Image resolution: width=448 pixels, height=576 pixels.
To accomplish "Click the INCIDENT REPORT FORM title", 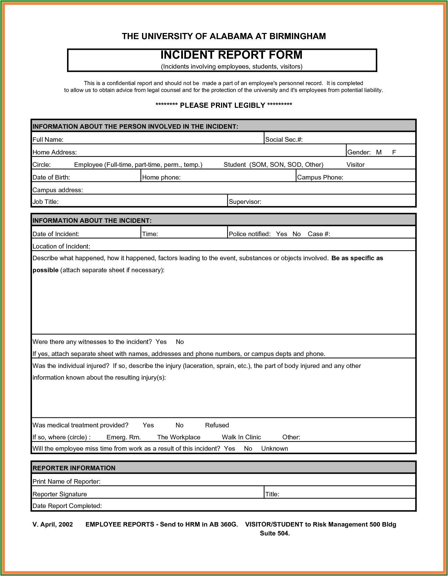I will [231, 55].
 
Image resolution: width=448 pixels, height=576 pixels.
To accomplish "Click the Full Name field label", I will [48, 140].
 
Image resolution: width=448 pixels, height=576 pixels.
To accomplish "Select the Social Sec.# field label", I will [284, 140].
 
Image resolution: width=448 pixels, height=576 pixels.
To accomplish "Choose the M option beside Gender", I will [379, 152].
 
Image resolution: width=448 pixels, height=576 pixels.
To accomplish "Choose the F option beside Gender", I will [394, 152].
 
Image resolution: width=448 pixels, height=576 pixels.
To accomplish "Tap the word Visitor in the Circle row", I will [355, 165].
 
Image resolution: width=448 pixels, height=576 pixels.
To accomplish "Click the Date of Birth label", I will [51, 177].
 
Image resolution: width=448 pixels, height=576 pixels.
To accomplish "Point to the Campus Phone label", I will [320, 177].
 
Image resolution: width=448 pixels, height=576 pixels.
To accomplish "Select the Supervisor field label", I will [245, 202].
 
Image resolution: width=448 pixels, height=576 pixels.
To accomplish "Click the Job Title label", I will [45, 202].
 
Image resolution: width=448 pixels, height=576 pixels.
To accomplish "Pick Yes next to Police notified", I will [281, 234].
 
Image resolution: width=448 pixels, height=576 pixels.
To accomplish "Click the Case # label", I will [319, 234].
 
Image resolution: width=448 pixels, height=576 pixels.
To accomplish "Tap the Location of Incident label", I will [61, 246].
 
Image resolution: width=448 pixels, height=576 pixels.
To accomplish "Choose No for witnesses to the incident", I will [180, 342].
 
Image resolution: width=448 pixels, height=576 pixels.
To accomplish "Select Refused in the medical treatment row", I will [217, 425].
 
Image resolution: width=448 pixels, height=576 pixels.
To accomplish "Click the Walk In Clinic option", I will [241, 437].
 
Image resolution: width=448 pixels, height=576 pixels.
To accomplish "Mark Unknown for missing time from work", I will [274, 449].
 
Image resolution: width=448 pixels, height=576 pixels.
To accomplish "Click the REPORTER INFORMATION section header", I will [74, 468].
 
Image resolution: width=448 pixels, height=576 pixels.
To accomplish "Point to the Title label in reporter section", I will [272, 494].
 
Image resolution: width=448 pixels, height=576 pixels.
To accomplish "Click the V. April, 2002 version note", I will [53, 525].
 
